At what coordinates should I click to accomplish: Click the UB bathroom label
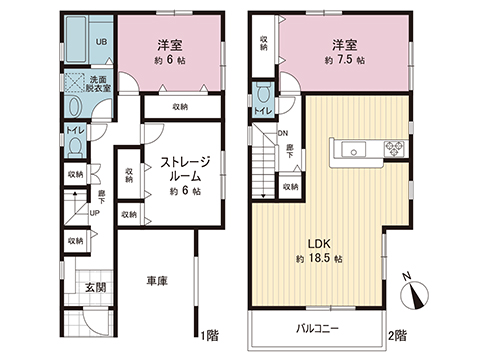(x=101, y=41)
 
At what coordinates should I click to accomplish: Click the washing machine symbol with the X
(x=76, y=83)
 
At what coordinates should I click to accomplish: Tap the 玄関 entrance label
(x=96, y=290)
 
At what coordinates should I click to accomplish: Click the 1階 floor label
(x=208, y=333)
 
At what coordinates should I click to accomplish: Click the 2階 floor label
(x=398, y=333)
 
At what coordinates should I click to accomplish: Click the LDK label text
(x=318, y=243)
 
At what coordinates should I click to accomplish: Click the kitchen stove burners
(x=392, y=150)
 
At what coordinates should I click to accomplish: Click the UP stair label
(x=94, y=212)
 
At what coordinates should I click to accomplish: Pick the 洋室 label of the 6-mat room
(x=167, y=45)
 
